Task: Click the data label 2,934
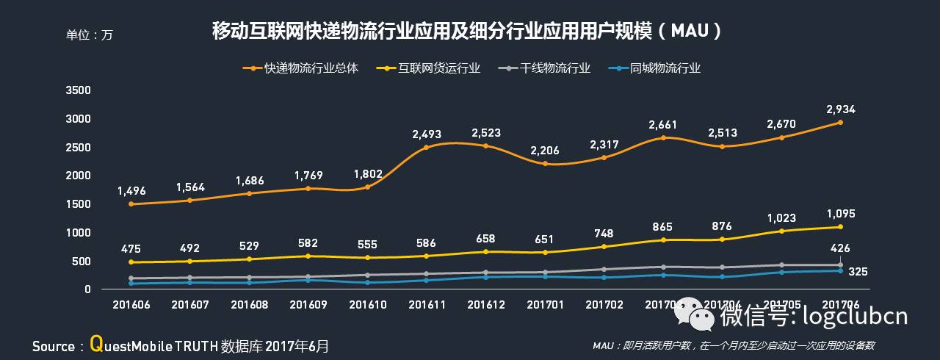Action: click(x=840, y=109)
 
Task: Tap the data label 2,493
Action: click(x=427, y=134)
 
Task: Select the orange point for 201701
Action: click(x=544, y=164)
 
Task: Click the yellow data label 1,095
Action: click(x=840, y=214)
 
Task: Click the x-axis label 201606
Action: click(x=131, y=303)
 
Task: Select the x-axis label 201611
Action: click(x=427, y=303)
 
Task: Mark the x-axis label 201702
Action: click(x=604, y=303)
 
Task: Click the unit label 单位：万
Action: click(x=90, y=35)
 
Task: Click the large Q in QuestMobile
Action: click(x=95, y=343)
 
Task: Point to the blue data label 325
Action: click(x=858, y=272)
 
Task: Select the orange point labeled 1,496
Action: click(x=131, y=204)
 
